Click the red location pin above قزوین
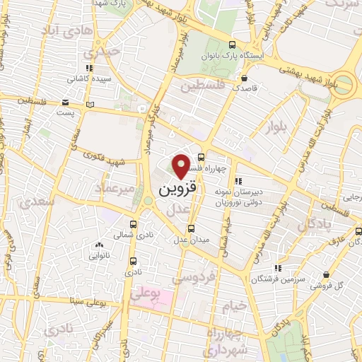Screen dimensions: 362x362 click(x=182, y=165)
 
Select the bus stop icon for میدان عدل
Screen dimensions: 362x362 click(x=191, y=228)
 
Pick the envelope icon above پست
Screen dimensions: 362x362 click(x=66, y=100)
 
